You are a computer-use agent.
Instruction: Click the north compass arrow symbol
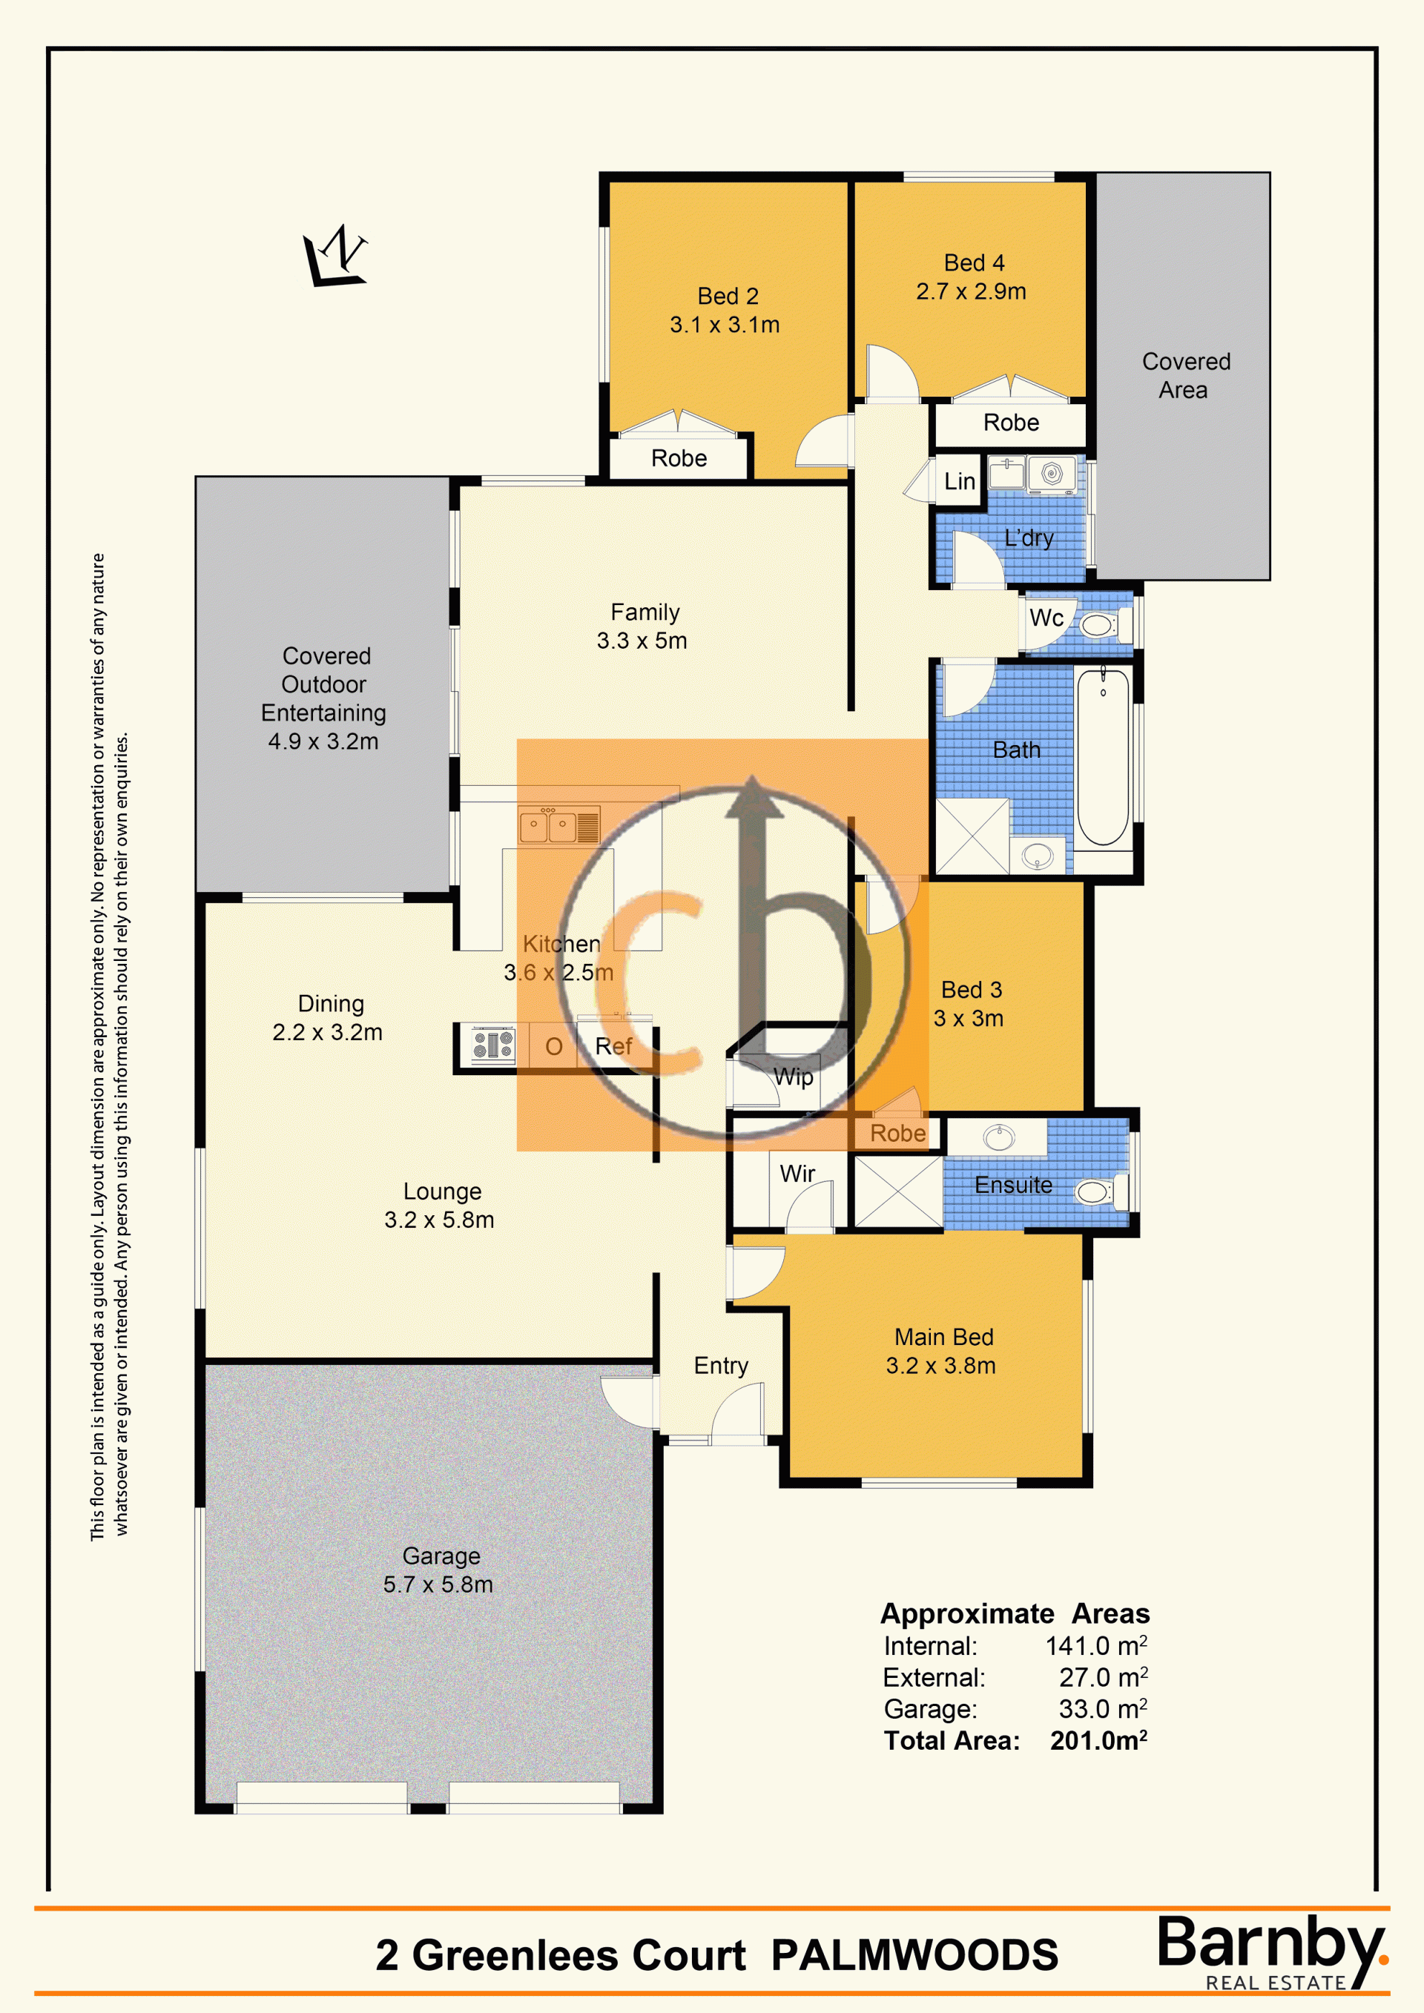pyautogui.click(x=336, y=256)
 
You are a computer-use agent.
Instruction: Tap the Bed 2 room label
pyautogui.click(x=728, y=297)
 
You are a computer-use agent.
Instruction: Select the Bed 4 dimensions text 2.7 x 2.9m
pyautogui.click(x=971, y=291)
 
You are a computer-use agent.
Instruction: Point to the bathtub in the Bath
pyautogui.click(x=1103, y=756)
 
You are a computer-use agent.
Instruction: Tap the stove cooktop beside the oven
pyautogui.click(x=492, y=1045)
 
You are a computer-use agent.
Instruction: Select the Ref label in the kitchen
pyautogui.click(x=613, y=1046)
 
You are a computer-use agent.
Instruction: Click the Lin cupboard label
pyautogui.click(x=959, y=481)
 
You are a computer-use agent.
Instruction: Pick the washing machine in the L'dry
pyautogui.click(x=1050, y=475)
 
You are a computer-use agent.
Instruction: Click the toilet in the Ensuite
pyautogui.click(x=1098, y=1191)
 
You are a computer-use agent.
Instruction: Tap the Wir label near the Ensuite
pyautogui.click(x=797, y=1173)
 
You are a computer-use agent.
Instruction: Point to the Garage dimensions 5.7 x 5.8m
pyautogui.click(x=438, y=1584)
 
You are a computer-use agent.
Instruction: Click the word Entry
pyautogui.click(x=721, y=1366)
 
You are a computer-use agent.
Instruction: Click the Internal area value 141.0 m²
pyautogui.click(x=1096, y=1646)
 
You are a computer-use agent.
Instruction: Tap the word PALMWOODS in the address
pyautogui.click(x=914, y=1954)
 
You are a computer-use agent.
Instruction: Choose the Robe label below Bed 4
pyautogui.click(x=1011, y=423)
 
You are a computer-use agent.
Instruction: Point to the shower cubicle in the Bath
pyautogui.click(x=972, y=836)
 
